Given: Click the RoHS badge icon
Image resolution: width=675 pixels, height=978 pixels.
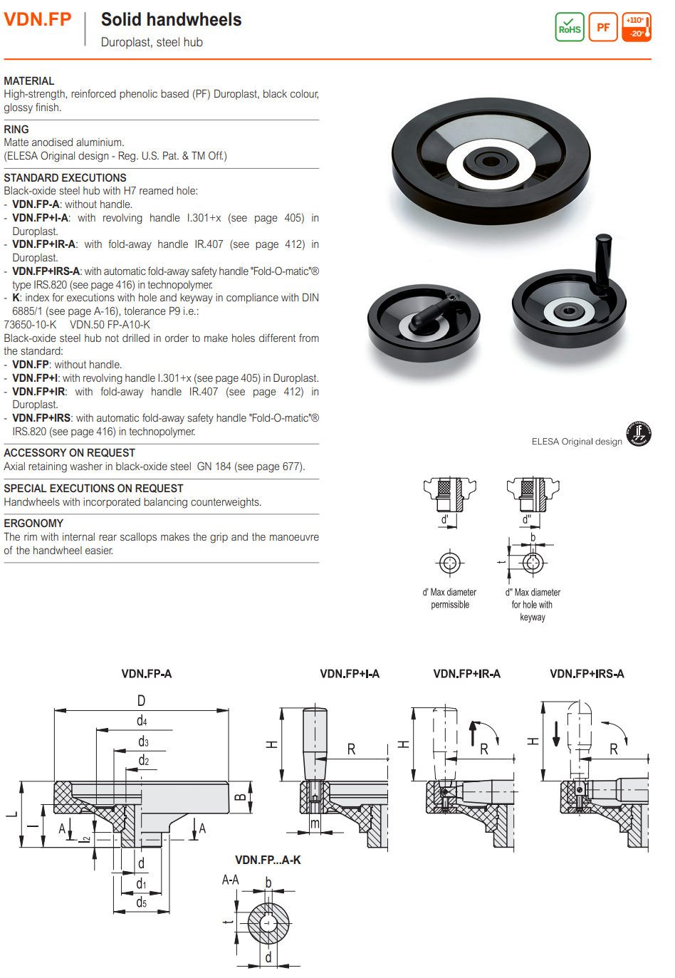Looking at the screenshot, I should pos(569,28).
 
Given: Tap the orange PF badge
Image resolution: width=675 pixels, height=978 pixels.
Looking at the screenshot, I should pos(603,28).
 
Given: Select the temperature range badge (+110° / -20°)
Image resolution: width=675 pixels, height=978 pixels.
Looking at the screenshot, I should pos(637,28).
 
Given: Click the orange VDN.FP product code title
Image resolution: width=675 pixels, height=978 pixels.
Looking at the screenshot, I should pos(38,19).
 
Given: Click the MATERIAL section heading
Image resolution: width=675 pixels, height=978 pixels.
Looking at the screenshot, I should pos(29,81).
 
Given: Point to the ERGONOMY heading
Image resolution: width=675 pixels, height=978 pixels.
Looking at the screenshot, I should pos(33,524).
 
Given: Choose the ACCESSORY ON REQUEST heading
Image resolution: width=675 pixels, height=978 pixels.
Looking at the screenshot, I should pos(69,453).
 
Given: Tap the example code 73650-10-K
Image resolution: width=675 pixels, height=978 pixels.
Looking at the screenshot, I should pos(30,325).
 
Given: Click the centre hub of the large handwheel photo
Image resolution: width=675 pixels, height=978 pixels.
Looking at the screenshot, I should pos(490,159).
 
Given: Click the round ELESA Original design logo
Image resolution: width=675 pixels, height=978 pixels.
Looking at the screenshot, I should pos(638,434).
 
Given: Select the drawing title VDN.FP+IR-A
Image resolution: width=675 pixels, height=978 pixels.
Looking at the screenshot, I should pos(466,674).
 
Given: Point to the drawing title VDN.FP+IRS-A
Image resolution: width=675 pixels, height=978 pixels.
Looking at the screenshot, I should pos(587,674).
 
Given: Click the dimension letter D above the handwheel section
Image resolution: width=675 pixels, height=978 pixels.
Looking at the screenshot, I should pos(141,701).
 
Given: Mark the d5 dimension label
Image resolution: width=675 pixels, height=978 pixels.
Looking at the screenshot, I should pos(141,902).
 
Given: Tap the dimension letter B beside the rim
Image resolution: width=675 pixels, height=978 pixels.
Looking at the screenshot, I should pos(241,796).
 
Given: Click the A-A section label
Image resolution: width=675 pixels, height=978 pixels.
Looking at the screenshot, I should pos(231,880).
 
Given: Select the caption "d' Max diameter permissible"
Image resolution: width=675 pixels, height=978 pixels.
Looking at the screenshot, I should pos(449,598).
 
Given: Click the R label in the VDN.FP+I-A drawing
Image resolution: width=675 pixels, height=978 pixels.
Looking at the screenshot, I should pos(351,749).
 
